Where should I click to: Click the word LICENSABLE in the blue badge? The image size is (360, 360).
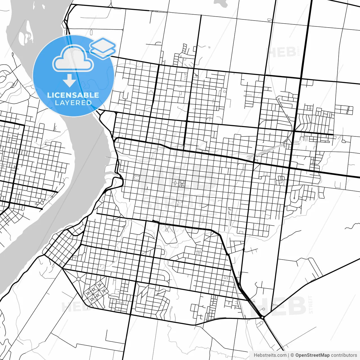(x=73, y=95)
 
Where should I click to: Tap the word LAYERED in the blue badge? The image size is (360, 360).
(x=73, y=103)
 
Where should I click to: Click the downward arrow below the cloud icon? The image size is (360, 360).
(x=69, y=81)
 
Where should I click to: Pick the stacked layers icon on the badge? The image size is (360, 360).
(x=103, y=48)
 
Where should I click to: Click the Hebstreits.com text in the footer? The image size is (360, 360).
(x=270, y=355)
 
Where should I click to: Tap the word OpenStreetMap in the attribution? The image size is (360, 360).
(x=312, y=355)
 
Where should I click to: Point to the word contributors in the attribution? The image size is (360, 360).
(x=344, y=355)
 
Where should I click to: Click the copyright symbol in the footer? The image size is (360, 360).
(x=292, y=355)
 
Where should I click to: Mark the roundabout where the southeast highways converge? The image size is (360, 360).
(x=262, y=317)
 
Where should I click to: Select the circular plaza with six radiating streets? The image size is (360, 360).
(x=78, y=279)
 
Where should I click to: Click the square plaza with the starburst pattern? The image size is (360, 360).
(x=137, y=177)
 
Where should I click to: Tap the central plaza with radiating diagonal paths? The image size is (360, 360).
(x=182, y=184)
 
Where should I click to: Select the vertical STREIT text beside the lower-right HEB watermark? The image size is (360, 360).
(x=310, y=305)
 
